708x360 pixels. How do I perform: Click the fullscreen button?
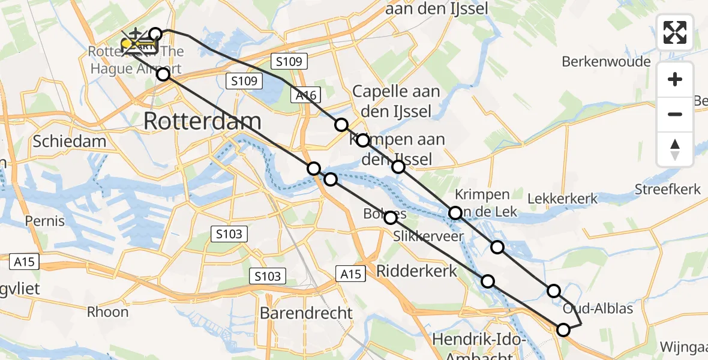point(675,32)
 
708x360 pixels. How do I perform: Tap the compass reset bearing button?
point(675,149)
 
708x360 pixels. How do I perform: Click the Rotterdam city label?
point(202,122)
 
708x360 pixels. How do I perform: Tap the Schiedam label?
point(70,142)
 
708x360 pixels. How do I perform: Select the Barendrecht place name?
point(306,313)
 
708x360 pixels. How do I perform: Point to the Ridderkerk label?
point(416,271)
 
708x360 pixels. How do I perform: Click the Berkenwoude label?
point(606,62)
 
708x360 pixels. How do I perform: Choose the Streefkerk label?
point(667,190)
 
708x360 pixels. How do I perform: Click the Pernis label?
point(44,221)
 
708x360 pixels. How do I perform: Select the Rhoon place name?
point(108,312)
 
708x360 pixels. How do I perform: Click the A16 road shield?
point(306,94)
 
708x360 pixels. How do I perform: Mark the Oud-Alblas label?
point(598,309)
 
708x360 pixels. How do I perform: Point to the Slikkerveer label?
point(428,236)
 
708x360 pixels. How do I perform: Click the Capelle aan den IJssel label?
point(396,101)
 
